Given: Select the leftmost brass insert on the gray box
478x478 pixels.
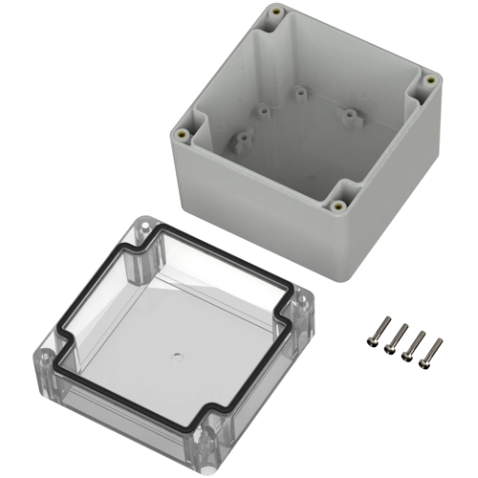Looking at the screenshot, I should (178, 134).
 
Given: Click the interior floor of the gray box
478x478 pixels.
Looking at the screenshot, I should (306, 143).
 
